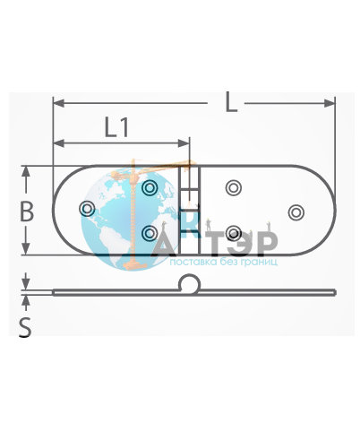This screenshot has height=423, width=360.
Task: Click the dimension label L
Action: [231, 102]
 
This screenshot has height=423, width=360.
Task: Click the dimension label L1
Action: [116, 127]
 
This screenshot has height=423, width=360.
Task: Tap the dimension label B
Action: [26, 211]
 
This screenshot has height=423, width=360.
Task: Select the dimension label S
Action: [25, 327]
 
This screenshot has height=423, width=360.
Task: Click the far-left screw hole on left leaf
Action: [87, 209]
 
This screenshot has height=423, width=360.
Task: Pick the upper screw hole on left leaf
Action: [150, 188]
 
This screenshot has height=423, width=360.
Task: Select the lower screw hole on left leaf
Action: [150, 233]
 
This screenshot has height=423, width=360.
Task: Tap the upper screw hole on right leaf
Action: [234, 188]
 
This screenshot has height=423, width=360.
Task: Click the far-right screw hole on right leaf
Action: [296, 212]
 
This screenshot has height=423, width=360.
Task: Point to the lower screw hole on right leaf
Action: [234, 233]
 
